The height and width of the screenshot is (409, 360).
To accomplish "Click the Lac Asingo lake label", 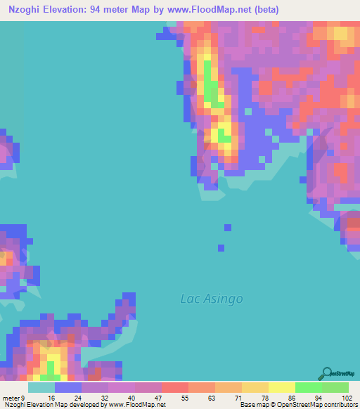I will click(212, 299).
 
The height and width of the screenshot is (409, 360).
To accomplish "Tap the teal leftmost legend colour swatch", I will click(41, 387).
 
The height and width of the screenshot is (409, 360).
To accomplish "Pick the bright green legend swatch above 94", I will click(309, 387).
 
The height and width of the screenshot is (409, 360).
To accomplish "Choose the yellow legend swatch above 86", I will click(282, 387).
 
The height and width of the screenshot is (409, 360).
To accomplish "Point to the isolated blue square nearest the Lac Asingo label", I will click(221, 247).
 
